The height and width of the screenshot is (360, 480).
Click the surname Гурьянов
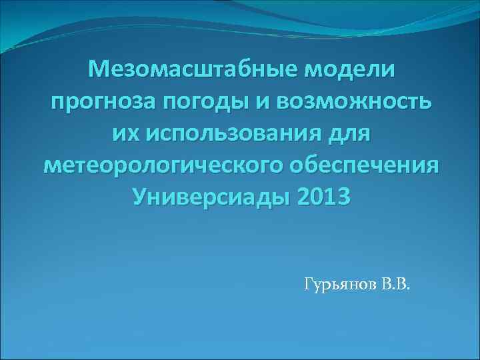tap(341, 285)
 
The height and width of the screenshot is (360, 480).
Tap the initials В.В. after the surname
tap(397, 285)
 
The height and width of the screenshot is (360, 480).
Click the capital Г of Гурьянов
tap(309, 285)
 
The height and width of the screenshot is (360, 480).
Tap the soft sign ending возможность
tap(425, 101)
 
